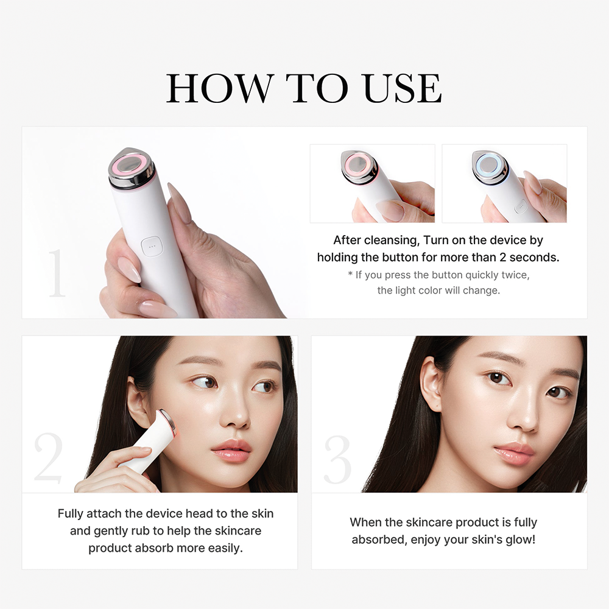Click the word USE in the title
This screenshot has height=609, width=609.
tap(402, 88)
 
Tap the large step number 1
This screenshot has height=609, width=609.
tap(57, 273)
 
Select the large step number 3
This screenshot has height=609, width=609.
tap(337, 459)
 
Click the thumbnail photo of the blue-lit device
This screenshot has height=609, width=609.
tap(504, 183)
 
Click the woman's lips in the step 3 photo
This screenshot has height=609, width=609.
tap(513, 454)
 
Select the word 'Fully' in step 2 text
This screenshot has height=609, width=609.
tap(71, 514)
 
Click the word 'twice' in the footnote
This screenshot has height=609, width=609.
tap(514, 275)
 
